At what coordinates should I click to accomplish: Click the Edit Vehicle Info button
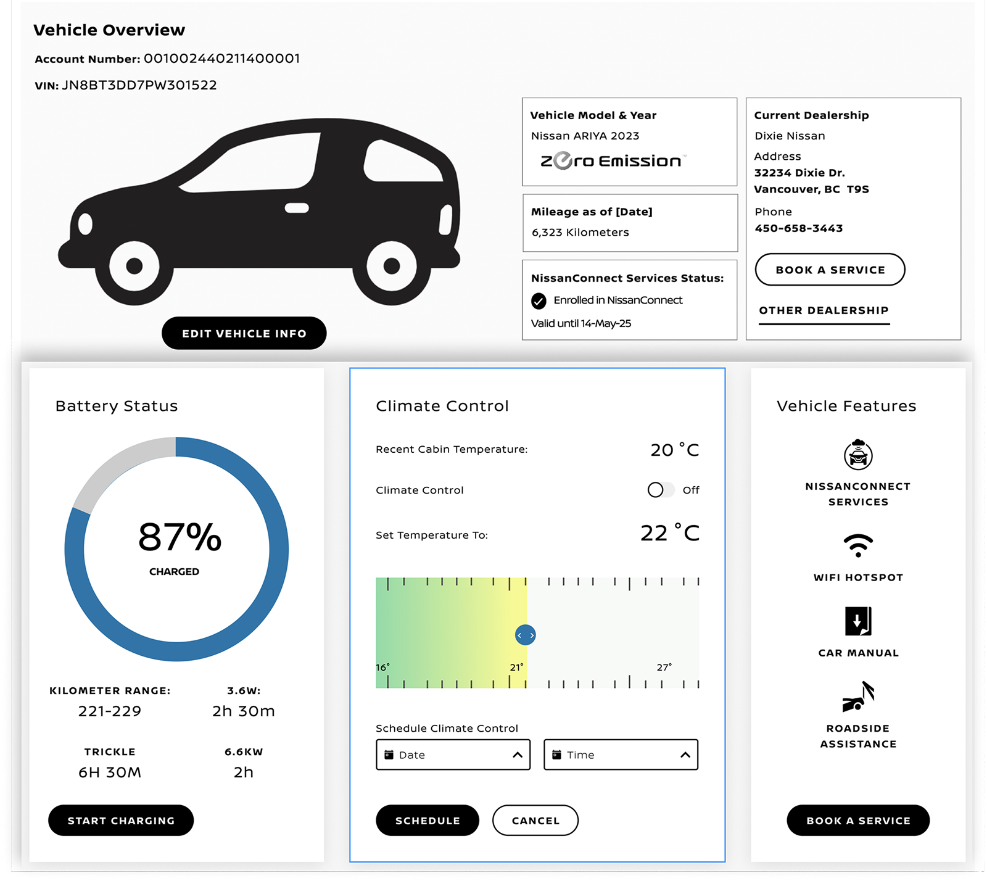(x=244, y=333)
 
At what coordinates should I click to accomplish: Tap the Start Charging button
(x=121, y=821)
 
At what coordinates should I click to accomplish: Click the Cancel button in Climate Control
(x=535, y=821)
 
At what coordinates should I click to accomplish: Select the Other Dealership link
(x=824, y=310)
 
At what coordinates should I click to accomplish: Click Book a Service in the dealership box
(x=830, y=270)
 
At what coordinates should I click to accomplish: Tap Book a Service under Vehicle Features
(x=858, y=821)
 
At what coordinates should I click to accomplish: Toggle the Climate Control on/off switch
(x=660, y=490)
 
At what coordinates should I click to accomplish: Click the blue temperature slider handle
(x=525, y=635)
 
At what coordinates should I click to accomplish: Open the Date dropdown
(x=453, y=755)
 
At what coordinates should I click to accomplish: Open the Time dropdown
(x=621, y=755)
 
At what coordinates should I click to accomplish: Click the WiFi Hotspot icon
(x=858, y=545)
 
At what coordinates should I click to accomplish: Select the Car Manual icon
(x=858, y=621)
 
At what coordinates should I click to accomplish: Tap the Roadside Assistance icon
(x=858, y=697)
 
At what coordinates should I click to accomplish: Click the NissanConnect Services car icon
(x=858, y=455)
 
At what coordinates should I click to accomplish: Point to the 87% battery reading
(x=180, y=537)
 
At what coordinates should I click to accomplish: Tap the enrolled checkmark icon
(x=539, y=301)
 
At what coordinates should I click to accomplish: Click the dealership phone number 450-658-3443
(x=799, y=228)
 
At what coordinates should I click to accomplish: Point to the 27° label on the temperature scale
(x=664, y=668)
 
